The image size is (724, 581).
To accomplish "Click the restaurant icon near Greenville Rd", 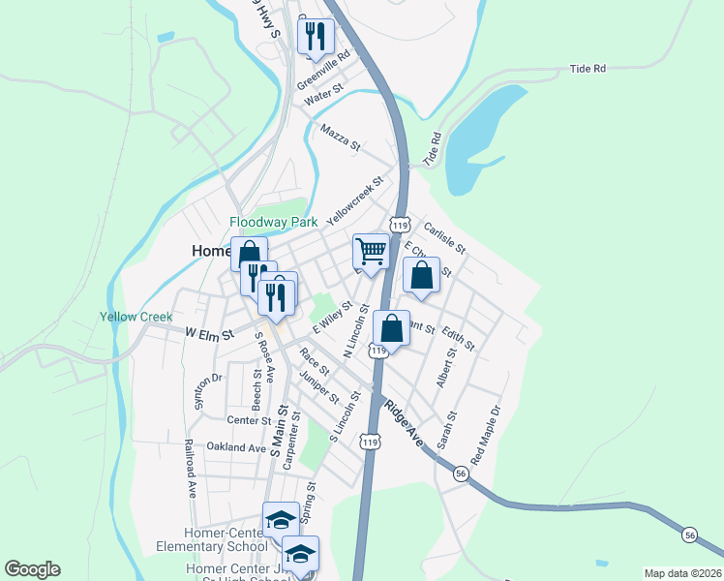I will click(x=316, y=37).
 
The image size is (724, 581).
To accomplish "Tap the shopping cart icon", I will click(x=372, y=251).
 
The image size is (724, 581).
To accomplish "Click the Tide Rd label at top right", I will click(x=588, y=69).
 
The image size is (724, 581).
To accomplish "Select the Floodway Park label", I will click(x=274, y=222).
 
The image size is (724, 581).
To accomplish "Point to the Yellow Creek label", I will click(x=136, y=317).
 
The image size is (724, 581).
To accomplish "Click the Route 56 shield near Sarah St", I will click(x=461, y=472).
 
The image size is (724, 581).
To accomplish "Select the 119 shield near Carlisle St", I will click(x=399, y=225).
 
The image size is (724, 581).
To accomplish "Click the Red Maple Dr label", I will click(x=487, y=432).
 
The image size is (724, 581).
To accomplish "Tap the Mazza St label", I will click(x=340, y=137).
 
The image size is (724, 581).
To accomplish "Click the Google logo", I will click(x=32, y=569).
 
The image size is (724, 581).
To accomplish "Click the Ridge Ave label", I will click(x=404, y=422).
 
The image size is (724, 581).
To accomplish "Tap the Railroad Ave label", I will click(x=191, y=469).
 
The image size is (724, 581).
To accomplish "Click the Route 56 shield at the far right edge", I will click(x=689, y=535).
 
